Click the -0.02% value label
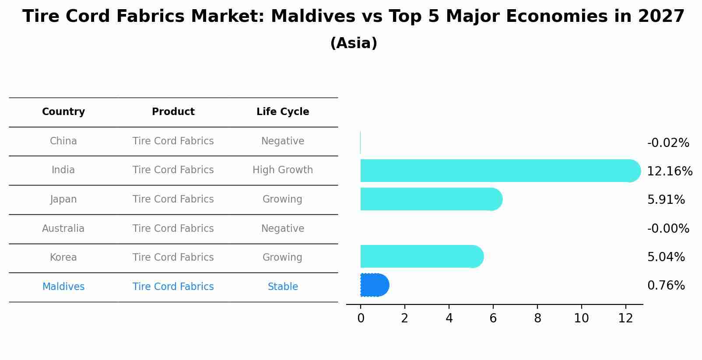pos(668,143)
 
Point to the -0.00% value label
pos(668,228)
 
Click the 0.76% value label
pos(666,286)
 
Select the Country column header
pos(63,112)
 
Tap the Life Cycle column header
pos(283,112)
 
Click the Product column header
pos(173,112)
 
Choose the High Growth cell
pos(283,170)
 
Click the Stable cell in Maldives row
pos(283,287)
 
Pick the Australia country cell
pos(63,228)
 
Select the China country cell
pos(63,141)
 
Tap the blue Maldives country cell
pos(63,287)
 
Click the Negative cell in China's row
pos(283,141)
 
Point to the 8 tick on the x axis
pos(537,318)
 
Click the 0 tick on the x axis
pos(361,318)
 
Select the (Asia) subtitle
pos(354,43)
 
